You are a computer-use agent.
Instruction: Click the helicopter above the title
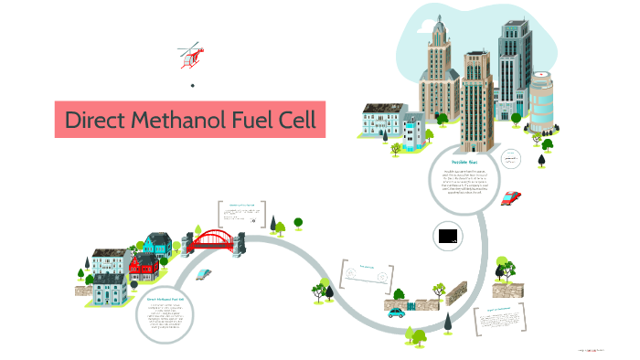(190, 54)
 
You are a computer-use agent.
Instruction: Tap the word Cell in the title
(294, 121)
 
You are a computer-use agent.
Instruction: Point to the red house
(144, 267)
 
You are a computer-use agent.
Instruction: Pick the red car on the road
(511, 197)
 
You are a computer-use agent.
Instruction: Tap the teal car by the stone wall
(395, 312)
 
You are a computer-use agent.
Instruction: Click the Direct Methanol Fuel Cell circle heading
(165, 299)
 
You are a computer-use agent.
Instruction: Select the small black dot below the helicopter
(192, 86)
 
